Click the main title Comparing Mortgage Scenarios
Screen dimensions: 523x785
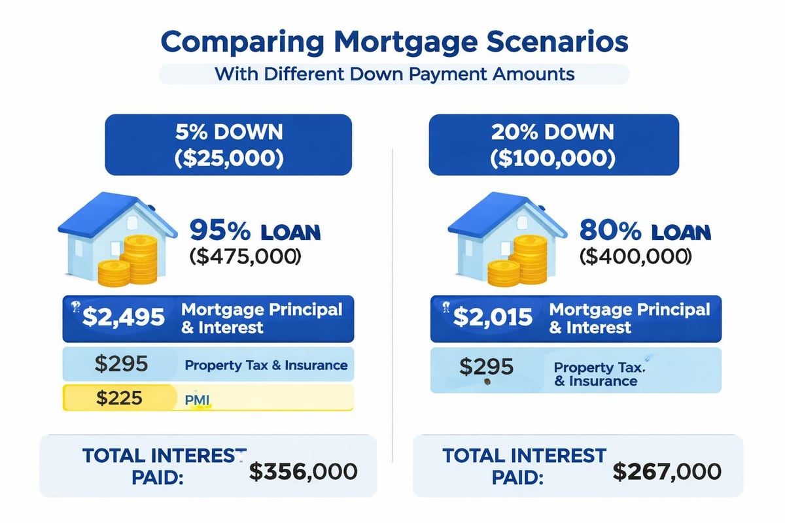(394, 42)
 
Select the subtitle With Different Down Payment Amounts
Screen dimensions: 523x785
(394, 73)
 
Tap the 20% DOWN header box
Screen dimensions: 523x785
(553, 144)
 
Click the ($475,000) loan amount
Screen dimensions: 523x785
(245, 256)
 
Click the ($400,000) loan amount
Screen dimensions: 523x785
(635, 256)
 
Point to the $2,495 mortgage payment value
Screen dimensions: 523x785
(124, 318)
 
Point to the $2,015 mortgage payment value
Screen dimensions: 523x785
(492, 318)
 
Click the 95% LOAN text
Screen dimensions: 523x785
(255, 231)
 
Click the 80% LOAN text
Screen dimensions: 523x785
(645, 231)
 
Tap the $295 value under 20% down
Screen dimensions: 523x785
(487, 367)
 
